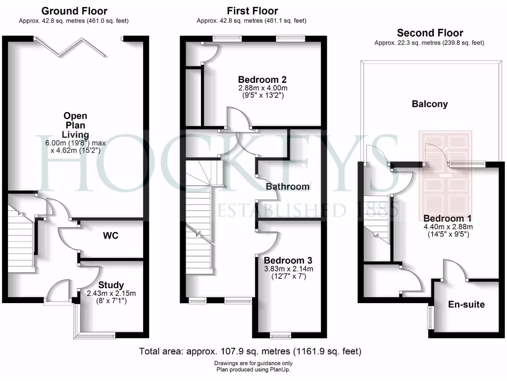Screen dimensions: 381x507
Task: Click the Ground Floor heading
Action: tap(74, 10)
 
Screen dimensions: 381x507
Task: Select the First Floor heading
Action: tap(252, 10)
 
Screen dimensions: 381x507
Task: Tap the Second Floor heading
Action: tap(430, 33)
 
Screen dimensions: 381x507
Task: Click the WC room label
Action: tap(110, 235)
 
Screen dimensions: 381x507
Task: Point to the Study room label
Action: tap(111, 285)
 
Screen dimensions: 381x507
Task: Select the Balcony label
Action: tap(430, 104)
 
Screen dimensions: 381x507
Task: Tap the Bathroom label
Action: tap(288, 187)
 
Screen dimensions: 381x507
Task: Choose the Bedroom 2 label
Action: tap(262, 79)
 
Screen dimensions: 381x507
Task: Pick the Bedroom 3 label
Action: tap(288, 260)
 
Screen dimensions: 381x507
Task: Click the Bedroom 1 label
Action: tap(448, 218)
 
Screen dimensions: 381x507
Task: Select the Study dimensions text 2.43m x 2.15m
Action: tap(111, 293)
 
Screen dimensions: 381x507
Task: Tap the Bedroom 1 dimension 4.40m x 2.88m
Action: tap(448, 227)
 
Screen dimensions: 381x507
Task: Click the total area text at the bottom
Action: tap(251, 351)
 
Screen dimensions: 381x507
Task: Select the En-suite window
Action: tap(430, 317)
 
